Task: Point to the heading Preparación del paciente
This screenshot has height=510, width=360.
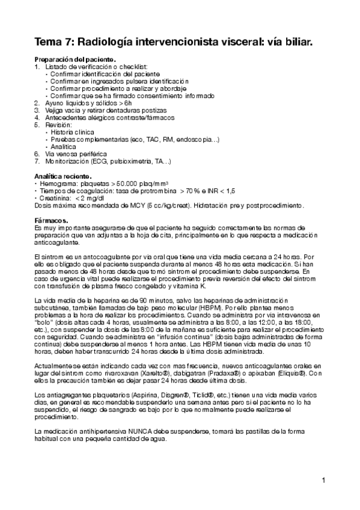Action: (x=75, y=60)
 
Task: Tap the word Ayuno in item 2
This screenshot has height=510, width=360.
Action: (x=55, y=103)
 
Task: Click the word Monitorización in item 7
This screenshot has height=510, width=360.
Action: (x=67, y=161)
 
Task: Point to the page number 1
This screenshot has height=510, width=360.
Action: (x=323, y=480)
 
